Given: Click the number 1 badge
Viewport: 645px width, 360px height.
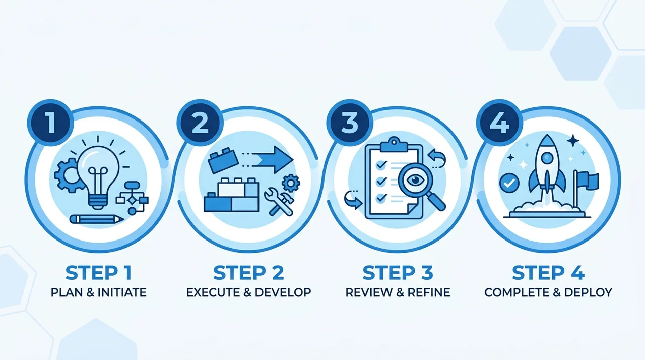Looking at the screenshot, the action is click(x=50, y=123).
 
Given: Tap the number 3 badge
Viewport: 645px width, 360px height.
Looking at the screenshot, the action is click(x=350, y=123).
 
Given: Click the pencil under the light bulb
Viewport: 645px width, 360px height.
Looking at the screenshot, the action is click(x=96, y=219).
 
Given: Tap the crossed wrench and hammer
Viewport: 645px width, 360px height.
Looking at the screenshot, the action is click(x=279, y=202).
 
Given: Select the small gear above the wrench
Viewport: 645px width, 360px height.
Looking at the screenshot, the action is click(x=291, y=183).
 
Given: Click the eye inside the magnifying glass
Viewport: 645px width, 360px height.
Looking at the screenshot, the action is click(x=415, y=181).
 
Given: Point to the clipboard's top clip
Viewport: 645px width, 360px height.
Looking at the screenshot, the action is click(x=394, y=145).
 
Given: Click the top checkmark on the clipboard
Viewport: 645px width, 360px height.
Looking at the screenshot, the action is click(x=381, y=165).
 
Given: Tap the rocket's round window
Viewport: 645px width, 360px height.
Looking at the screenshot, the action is click(x=547, y=158).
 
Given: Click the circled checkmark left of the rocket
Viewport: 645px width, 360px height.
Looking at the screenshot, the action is click(x=509, y=183).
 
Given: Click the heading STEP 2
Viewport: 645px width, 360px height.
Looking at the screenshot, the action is click(x=248, y=273).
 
